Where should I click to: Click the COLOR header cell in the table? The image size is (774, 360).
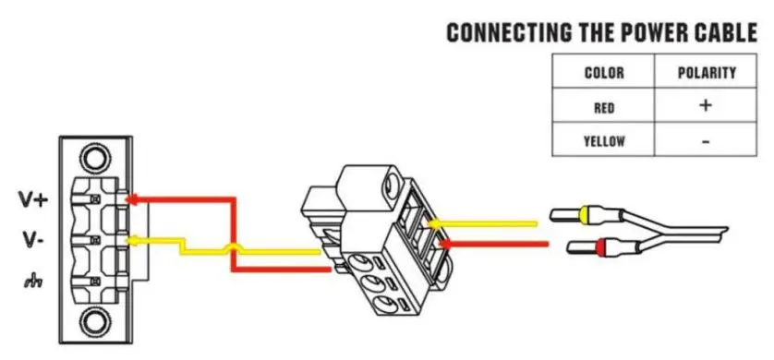tap(604, 73)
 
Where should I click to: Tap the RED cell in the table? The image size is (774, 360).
tap(604, 107)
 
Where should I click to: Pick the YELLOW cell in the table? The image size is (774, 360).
tap(604, 141)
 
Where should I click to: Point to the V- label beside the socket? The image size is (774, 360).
tap(32, 240)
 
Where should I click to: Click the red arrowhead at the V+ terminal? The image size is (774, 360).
tap(132, 198)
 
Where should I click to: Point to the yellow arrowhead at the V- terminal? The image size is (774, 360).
tap(132, 242)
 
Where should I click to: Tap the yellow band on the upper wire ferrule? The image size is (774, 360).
tap(584, 217)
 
